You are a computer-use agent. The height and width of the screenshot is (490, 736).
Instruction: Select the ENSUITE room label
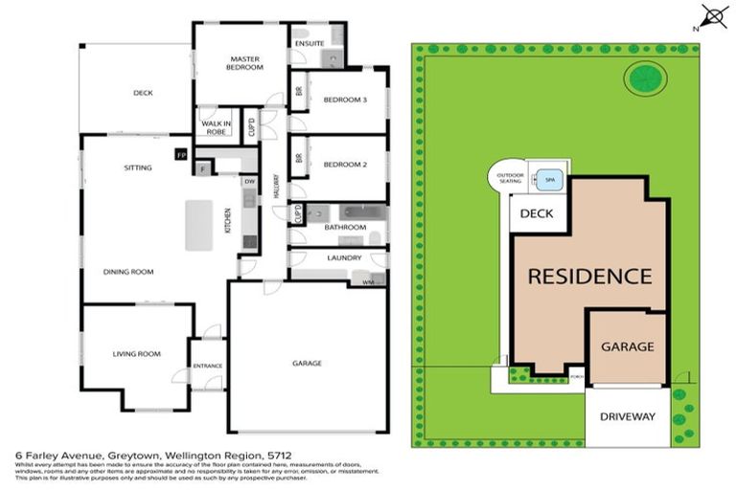(309, 43)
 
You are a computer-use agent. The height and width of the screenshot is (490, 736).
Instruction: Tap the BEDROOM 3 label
(345, 100)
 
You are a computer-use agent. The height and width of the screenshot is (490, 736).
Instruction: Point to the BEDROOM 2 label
(345, 165)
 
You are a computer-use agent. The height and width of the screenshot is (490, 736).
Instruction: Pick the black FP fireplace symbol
(180, 153)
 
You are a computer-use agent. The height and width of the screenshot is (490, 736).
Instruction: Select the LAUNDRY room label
(343, 257)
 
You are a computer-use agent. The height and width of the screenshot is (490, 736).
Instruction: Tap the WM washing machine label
(368, 283)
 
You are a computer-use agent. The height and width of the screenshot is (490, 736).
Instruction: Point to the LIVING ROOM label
(135, 353)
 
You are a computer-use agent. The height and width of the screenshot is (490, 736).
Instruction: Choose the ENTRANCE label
(207, 366)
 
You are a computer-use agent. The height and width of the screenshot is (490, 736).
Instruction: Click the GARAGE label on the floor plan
(307, 364)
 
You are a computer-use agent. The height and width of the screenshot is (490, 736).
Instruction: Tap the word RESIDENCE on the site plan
(590, 277)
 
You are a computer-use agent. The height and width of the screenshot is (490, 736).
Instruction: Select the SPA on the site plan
(550, 179)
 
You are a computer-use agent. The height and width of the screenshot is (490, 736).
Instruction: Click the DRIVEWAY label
(627, 416)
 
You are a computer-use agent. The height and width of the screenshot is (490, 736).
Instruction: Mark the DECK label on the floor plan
(143, 93)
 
